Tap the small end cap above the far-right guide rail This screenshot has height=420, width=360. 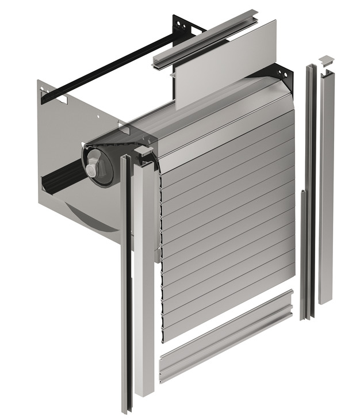click(x=326, y=59)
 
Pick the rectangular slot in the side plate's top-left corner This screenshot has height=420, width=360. click(x=59, y=99)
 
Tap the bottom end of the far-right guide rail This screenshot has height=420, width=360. click(x=325, y=300)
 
